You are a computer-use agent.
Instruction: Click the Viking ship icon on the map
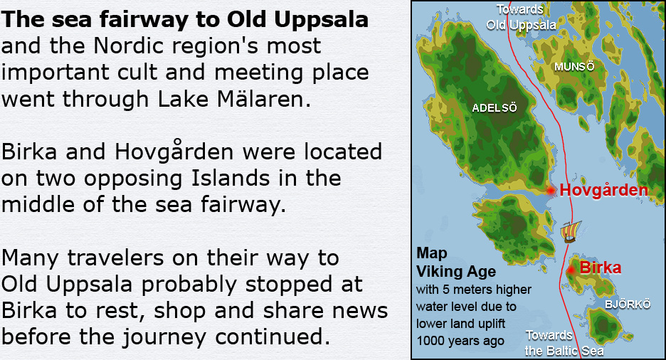[x=570, y=231]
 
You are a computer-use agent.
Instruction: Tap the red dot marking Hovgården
[x=551, y=191]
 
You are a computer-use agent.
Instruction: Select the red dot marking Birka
[x=571, y=270]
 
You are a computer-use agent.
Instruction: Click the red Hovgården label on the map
[x=604, y=190]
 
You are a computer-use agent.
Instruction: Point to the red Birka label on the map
[x=600, y=268]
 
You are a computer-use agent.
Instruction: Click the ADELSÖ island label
[x=495, y=108]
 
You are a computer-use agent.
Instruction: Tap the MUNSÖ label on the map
[x=574, y=67]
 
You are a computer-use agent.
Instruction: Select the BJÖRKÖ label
[x=628, y=304]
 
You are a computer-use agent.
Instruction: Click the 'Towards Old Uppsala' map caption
[x=521, y=17]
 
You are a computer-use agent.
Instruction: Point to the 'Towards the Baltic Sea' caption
[x=564, y=343]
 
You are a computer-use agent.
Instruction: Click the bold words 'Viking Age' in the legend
[x=456, y=271]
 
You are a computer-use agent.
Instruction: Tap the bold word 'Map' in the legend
[x=431, y=253]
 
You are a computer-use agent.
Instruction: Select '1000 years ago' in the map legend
[x=460, y=341]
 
